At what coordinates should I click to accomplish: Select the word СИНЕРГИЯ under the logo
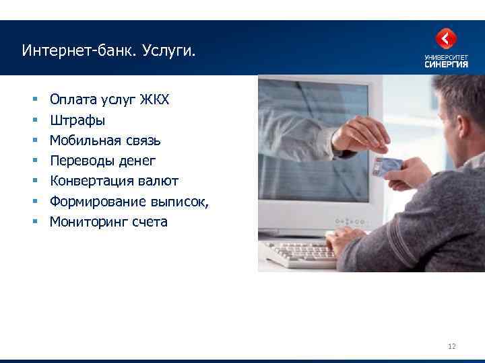tap(446, 65)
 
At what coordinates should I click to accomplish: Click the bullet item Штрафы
tap(77, 121)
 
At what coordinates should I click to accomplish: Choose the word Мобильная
tap(85, 141)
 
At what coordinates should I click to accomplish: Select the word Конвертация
tap(90, 182)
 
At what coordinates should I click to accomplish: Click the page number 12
tap(451, 346)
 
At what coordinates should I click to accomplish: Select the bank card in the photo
tap(389, 165)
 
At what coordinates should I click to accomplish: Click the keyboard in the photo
tap(300, 253)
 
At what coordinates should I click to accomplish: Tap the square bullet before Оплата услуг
tap(34, 101)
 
